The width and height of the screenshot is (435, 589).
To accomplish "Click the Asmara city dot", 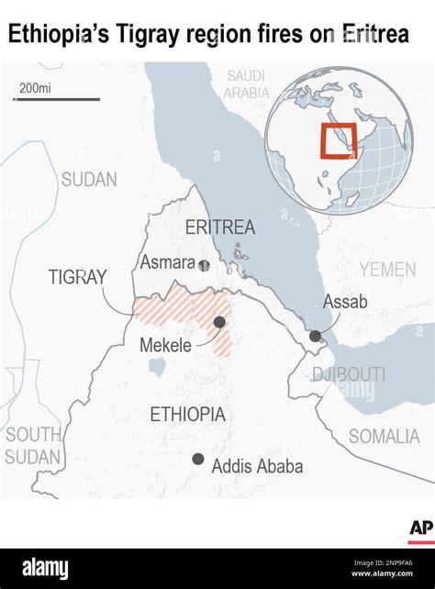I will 204,265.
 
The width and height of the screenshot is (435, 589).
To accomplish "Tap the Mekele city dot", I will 219,322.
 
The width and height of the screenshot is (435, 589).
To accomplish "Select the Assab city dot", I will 316,337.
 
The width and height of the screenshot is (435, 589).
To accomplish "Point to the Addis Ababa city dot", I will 197,459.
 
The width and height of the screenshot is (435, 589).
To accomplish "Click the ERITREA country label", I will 219,228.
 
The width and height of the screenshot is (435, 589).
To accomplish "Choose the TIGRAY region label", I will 78,277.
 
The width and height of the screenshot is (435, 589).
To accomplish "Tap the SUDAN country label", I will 89,180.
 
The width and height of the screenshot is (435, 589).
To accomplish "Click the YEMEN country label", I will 387,269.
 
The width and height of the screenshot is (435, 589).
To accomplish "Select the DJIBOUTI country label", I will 347,373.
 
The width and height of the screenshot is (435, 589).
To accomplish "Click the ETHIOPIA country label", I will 187,414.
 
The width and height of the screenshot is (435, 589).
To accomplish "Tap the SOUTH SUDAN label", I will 33,446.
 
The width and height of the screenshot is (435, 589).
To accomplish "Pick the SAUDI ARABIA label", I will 247,83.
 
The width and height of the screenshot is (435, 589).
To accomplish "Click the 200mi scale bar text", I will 35,88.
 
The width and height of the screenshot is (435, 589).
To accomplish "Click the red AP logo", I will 420,528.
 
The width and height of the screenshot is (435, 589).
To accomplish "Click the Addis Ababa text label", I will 257,466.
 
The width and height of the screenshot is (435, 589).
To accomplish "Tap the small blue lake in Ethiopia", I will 157,368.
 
